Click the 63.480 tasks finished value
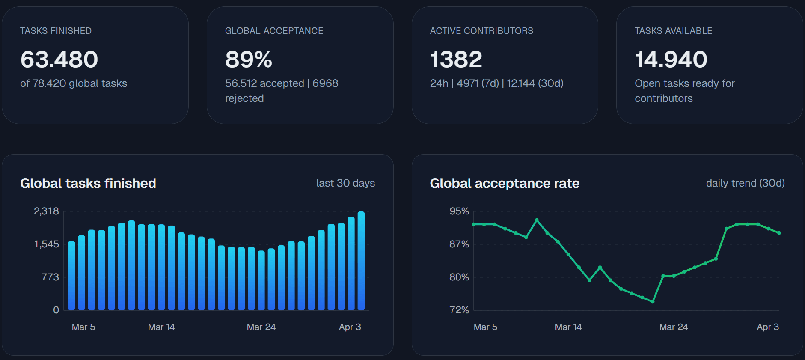pyautogui.click(x=59, y=60)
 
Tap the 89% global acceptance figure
pyautogui.click(x=248, y=60)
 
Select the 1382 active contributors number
pyautogui.click(x=456, y=60)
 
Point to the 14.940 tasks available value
pyautogui.click(x=671, y=60)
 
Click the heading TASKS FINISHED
pyautogui.click(x=56, y=31)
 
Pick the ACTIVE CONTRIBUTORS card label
pyautogui.click(x=481, y=31)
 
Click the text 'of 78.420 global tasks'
pyautogui.click(x=74, y=83)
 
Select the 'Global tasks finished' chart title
pyautogui.click(x=88, y=183)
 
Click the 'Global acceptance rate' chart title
pyautogui.click(x=505, y=183)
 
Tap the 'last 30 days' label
pyautogui.click(x=345, y=183)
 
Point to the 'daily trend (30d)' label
pyautogui.click(x=745, y=183)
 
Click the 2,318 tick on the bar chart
pyautogui.click(x=46, y=211)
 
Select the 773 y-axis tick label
pyautogui.click(x=50, y=277)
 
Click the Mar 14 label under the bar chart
pyautogui.click(x=161, y=327)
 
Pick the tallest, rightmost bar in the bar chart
pyautogui.click(x=361, y=261)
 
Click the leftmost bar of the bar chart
pyautogui.click(x=71, y=276)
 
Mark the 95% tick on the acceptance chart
pyautogui.click(x=459, y=211)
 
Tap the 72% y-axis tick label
pyautogui.click(x=459, y=310)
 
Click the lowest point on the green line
pyautogui.click(x=653, y=302)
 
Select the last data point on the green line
pyautogui.click(x=779, y=233)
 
